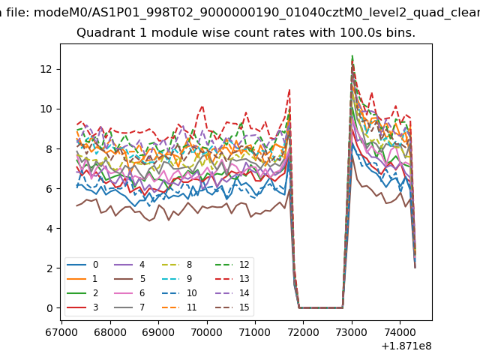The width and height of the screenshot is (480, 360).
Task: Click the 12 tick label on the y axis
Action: point(46,69)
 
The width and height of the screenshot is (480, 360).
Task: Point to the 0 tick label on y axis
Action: point(49,308)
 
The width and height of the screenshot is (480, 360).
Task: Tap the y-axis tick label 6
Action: point(49,189)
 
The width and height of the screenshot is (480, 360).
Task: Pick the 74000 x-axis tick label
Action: point(398,330)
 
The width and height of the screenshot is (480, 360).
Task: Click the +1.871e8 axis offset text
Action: point(402,346)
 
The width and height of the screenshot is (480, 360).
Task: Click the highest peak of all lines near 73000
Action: point(352,55)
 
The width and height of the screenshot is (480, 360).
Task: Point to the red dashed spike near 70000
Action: point(201,106)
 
